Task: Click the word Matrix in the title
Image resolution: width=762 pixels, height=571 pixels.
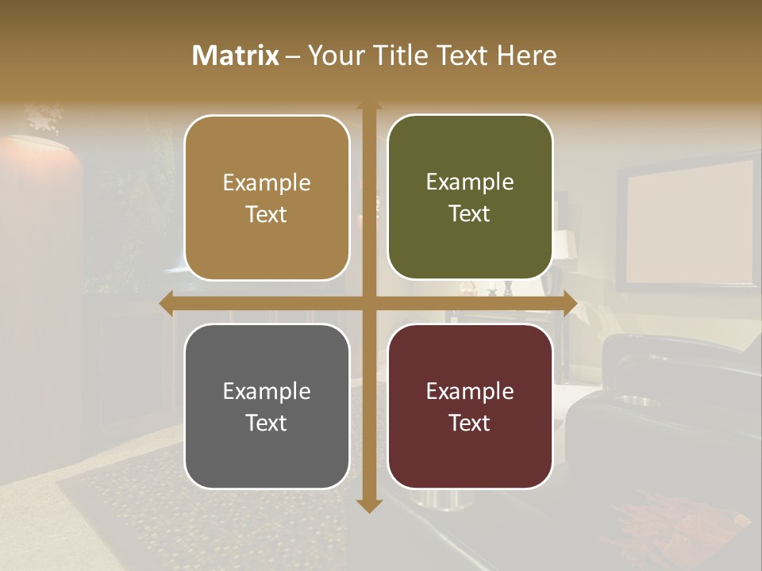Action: [x=236, y=56]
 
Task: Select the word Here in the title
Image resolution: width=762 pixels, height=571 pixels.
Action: [x=526, y=56]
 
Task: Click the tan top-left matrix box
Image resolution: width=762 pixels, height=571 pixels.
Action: [x=267, y=197]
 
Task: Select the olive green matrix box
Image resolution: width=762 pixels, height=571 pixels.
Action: [x=470, y=197]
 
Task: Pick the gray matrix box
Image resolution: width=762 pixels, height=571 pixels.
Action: [x=267, y=406]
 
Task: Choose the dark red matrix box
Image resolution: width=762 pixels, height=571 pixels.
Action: [x=470, y=406]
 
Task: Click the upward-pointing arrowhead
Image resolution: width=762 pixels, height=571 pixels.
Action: [x=369, y=106]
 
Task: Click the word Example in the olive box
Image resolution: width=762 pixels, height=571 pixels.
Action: [x=470, y=182]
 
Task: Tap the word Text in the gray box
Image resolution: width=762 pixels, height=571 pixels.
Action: [x=267, y=423]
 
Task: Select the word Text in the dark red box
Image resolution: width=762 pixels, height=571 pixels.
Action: [x=470, y=423]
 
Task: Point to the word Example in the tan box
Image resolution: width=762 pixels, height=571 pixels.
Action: [x=267, y=182]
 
